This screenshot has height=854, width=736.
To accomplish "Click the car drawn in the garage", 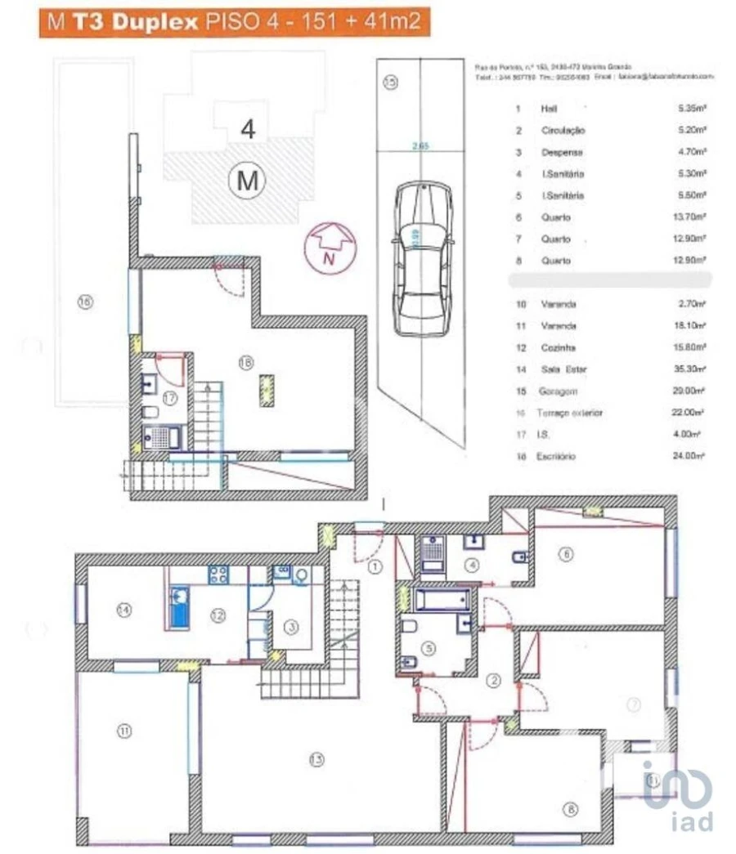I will [x=423, y=258].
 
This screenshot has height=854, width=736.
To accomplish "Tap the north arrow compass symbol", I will [x=330, y=245].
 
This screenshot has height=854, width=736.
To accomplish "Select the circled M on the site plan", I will [x=246, y=181].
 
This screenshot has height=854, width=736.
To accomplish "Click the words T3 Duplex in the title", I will [x=135, y=21].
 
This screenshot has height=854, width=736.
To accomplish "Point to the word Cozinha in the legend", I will [x=558, y=347].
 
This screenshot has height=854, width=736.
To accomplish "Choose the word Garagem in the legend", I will [x=558, y=391].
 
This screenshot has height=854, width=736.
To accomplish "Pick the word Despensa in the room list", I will [x=560, y=152].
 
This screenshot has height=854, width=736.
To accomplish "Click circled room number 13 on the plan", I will [x=316, y=760].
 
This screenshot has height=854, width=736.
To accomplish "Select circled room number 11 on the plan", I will [x=123, y=732].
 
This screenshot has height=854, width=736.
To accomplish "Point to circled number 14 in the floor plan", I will [x=123, y=609].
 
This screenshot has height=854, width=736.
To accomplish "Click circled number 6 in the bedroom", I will [x=566, y=554].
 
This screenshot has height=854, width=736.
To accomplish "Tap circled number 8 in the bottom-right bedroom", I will [x=569, y=810].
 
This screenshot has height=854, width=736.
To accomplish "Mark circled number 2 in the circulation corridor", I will [x=493, y=680].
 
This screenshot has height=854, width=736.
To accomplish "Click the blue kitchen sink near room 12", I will [x=177, y=609].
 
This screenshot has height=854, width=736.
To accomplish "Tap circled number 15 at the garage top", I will [x=390, y=82].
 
